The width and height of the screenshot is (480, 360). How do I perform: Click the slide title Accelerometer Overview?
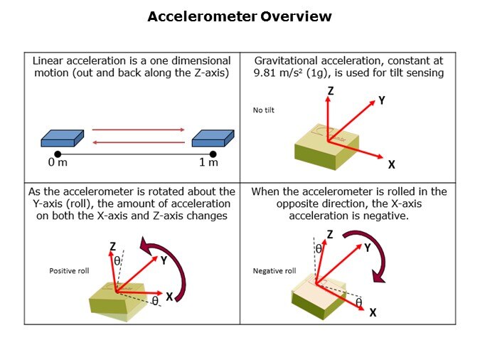click(x=240, y=16)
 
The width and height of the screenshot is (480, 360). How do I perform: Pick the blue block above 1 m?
click(x=213, y=137)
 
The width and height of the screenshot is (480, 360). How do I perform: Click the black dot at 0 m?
click(x=58, y=153)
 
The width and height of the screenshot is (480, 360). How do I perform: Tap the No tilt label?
click(x=264, y=110)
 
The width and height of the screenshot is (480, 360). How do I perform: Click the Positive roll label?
click(x=69, y=271)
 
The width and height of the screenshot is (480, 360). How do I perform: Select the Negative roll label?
click(x=274, y=271)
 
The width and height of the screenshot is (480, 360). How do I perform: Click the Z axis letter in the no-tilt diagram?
click(x=331, y=92)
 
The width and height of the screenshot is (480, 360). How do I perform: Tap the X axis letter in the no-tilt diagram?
click(x=392, y=164)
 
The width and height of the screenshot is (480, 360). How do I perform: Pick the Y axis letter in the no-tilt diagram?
click(x=381, y=101)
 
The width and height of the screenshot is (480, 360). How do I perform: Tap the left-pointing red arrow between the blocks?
click(x=139, y=142)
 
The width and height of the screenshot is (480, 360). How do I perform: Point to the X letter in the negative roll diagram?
click(x=373, y=312)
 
